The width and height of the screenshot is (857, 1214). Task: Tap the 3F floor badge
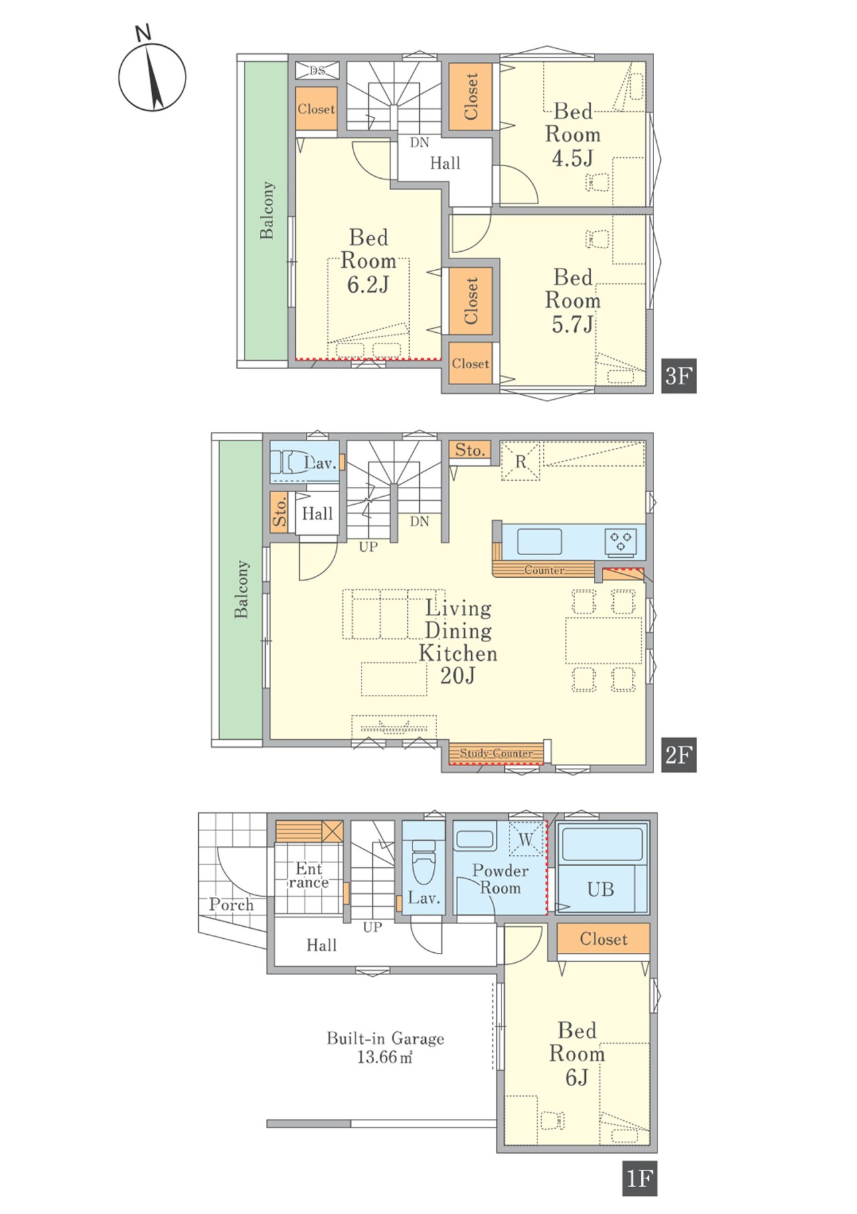[678, 376]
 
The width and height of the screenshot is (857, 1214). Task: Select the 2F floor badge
[678, 755]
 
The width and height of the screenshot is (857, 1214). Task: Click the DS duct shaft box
[317, 70]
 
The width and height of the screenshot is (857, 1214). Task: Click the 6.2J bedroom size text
[368, 285]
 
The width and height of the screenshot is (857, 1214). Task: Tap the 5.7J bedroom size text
[572, 324]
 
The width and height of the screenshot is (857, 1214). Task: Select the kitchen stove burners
[621, 541]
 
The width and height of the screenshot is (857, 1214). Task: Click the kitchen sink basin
[539, 541]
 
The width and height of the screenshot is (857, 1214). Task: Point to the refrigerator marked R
[520, 461]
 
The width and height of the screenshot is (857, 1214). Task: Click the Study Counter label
[496, 753]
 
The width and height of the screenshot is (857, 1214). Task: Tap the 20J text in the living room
[458, 676]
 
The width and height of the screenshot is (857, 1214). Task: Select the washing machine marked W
[526, 838]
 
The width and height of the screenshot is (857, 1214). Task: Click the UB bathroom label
[601, 889]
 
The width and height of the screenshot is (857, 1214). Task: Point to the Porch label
[231, 905]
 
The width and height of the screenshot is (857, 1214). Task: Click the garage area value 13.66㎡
[385, 1057]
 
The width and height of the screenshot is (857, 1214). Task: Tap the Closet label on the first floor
[603, 939]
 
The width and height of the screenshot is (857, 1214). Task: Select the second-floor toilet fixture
[289, 462]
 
